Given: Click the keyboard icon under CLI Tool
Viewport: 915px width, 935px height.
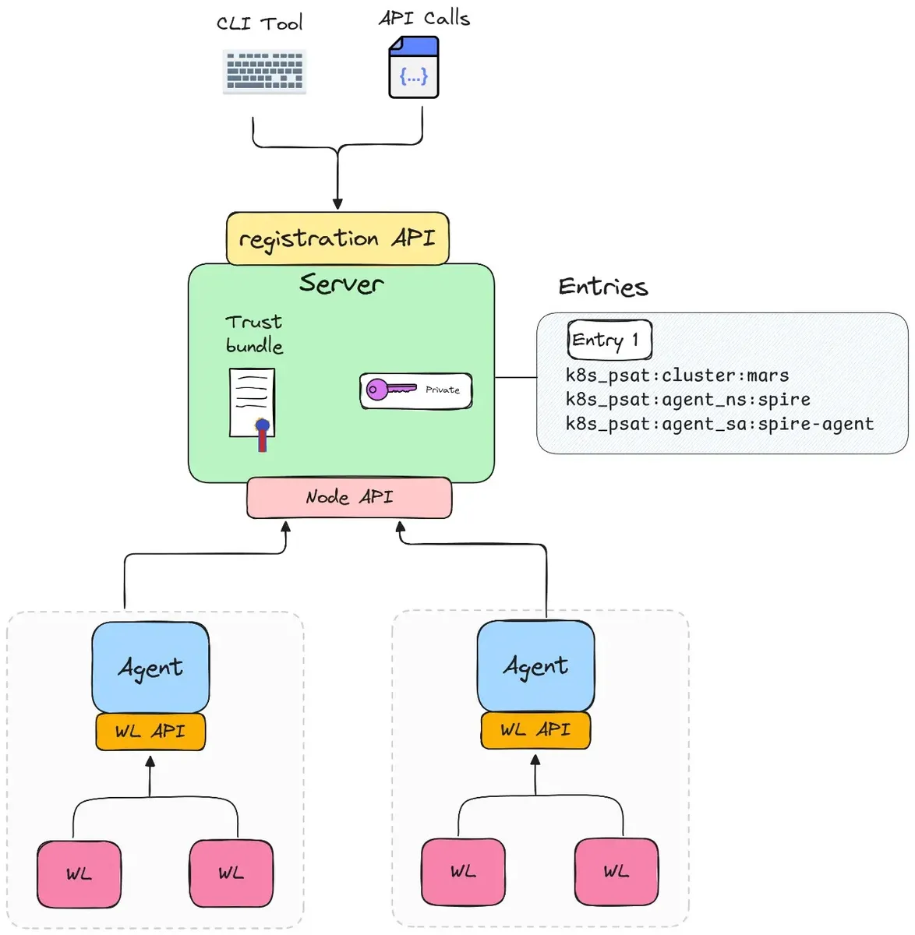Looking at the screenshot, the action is (264, 71).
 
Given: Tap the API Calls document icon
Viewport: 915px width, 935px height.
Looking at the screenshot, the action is (414, 67).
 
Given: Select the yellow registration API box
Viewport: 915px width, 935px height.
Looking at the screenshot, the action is (337, 238).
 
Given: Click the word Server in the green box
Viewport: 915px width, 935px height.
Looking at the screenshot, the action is (341, 283).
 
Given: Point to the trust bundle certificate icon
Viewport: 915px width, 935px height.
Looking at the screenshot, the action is (253, 409).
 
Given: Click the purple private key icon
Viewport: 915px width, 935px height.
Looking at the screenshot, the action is (390, 389).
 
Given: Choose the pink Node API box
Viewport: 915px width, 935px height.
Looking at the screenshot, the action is (349, 497).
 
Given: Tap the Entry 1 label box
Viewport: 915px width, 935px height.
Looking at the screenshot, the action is (609, 340).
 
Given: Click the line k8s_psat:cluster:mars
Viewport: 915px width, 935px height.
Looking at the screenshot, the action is (677, 376).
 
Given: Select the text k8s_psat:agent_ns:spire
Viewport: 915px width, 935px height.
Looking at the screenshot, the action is (687, 399).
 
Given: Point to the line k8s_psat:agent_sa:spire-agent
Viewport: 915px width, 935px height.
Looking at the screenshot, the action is (719, 424).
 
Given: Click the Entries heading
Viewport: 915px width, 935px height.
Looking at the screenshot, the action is (603, 287).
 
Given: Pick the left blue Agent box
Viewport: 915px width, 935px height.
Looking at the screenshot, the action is (150, 668).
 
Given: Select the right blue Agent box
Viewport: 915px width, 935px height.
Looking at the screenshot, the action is (536, 666).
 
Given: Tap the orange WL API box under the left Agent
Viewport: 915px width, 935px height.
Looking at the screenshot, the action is (150, 732).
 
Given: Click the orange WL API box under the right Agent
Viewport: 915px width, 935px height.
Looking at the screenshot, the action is (536, 730).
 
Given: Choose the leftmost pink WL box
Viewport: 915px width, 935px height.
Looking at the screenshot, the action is (79, 874).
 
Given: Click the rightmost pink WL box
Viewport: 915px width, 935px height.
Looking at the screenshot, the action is (616, 872).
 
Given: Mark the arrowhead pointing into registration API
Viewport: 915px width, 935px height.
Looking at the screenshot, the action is (337, 203).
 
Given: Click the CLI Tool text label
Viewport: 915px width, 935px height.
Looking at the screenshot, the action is (260, 23).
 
